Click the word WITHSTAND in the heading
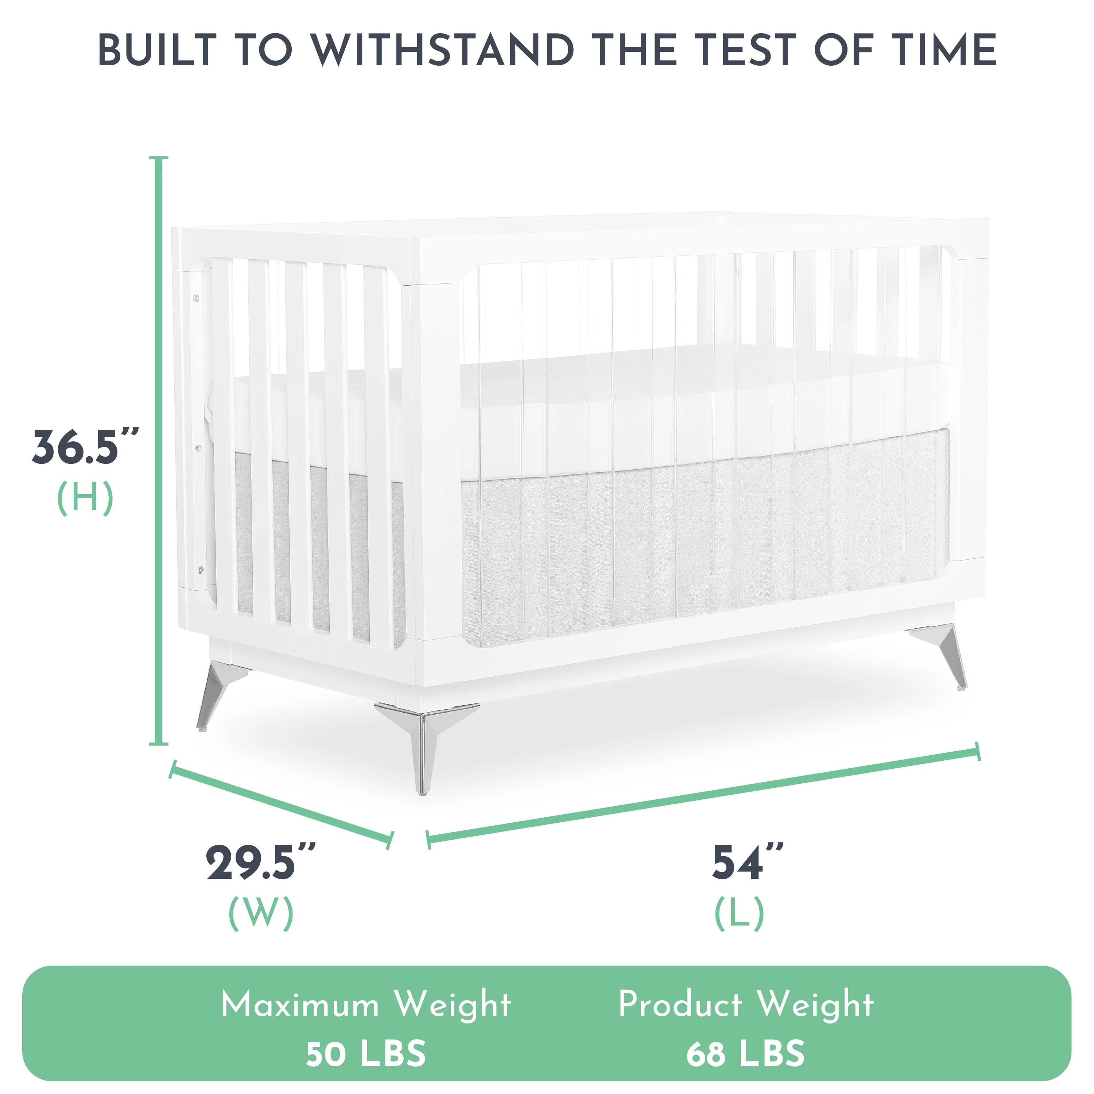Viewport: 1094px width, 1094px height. [x=443, y=50]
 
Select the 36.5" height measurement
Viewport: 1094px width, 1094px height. [x=85, y=447]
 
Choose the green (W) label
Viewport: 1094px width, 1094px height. [x=260, y=913]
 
